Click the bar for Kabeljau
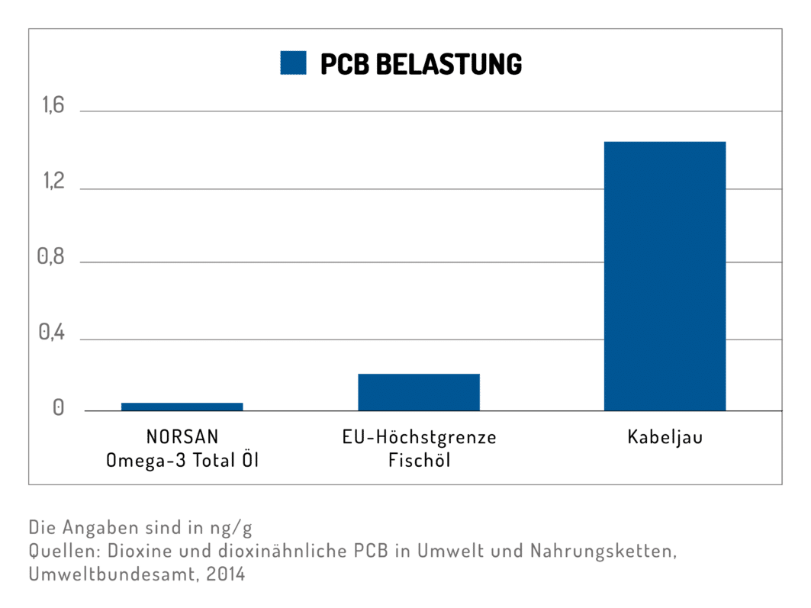[665, 275]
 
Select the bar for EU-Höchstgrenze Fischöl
[419, 391]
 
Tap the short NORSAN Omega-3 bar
[182, 406]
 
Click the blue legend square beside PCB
[293, 63]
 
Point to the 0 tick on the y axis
[57, 409]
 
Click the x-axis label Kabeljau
[665, 438]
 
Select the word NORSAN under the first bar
[182, 437]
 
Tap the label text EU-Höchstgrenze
[419, 437]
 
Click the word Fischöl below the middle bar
[419, 460]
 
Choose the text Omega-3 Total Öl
[182, 460]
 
